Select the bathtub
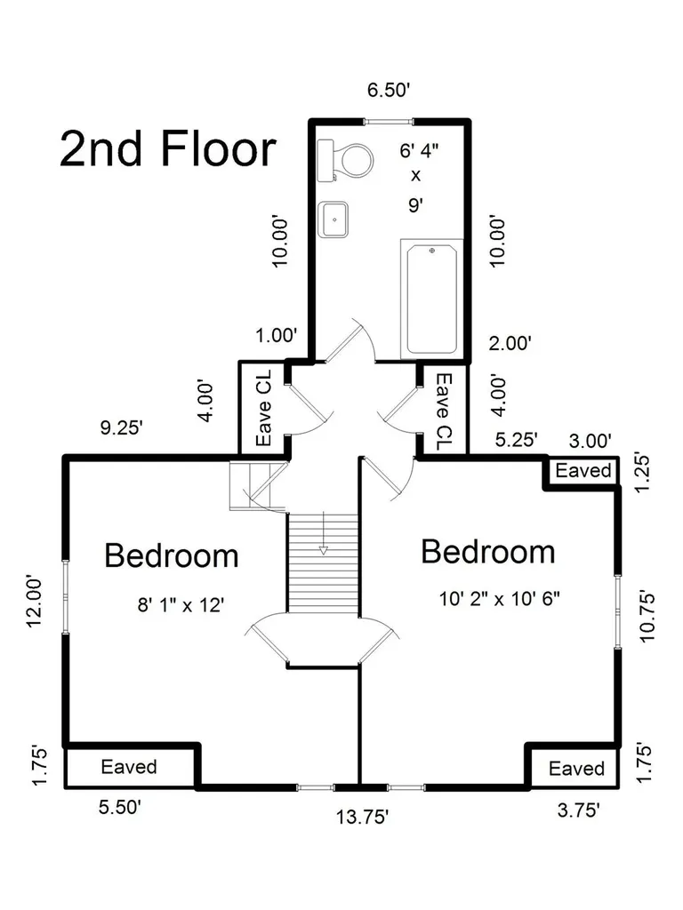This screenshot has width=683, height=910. tap(432, 299)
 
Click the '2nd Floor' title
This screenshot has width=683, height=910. tap(168, 149)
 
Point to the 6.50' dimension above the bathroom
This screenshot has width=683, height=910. tap(390, 90)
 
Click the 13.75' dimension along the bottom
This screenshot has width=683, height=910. tap(362, 818)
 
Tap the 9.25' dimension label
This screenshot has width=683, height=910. tap(121, 427)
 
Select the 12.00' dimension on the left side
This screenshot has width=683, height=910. tap(35, 601)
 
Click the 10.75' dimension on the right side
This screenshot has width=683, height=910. tap(647, 616)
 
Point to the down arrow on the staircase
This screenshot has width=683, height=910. tap(323, 533)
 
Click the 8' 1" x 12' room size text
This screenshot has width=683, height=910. tap(181, 605)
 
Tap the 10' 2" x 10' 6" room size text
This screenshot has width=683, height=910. tap(499, 598)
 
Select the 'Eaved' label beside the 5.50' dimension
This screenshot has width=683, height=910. tap(129, 767)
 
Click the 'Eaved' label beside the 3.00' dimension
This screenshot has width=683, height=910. tap(583, 470)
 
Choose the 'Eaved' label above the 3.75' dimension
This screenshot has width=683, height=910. tap(576, 769)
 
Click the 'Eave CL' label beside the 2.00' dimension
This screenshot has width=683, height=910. tap(444, 411)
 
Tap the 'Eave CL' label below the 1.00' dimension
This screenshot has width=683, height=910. tap(263, 408)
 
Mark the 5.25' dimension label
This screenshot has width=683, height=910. tap(517, 439)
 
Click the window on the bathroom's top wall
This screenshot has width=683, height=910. tap(389, 122)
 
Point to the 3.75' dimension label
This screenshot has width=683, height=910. tap(578, 810)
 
